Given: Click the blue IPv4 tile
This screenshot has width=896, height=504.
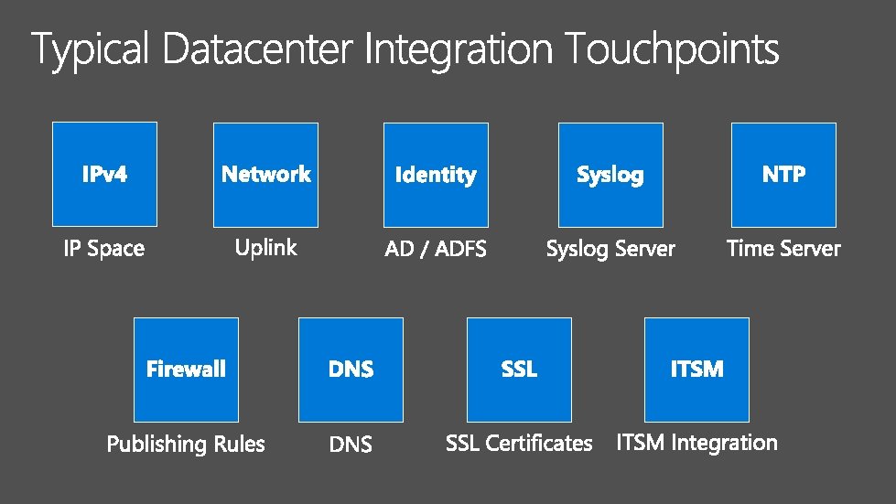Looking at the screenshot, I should pyautogui.click(x=104, y=174).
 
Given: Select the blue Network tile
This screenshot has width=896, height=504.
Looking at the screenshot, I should pyautogui.click(x=265, y=174).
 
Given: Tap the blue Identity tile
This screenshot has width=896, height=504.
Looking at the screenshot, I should pyautogui.click(x=436, y=175).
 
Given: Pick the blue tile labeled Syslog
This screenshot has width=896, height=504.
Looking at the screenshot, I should pyautogui.click(x=610, y=175).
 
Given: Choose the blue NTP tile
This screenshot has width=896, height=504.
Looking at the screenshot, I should pyautogui.click(x=784, y=175).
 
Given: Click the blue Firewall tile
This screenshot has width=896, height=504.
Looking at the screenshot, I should pyautogui.click(x=186, y=369).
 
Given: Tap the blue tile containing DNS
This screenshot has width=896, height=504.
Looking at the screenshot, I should pyautogui.click(x=351, y=369).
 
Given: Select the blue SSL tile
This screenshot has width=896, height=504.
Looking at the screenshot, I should pyautogui.click(x=519, y=369).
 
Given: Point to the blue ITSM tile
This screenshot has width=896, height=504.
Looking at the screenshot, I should pyautogui.click(x=696, y=369).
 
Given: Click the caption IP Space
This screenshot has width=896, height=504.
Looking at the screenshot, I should pyautogui.click(x=104, y=249).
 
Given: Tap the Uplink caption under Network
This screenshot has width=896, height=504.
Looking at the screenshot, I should pyautogui.click(x=265, y=247).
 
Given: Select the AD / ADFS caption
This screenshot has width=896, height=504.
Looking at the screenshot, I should pyautogui.click(x=436, y=249).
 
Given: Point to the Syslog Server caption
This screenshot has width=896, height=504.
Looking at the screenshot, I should pyautogui.click(x=610, y=249).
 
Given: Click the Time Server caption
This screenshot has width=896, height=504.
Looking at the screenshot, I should pyautogui.click(x=783, y=249).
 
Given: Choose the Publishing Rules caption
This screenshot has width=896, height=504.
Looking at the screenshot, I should pyautogui.click(x=186, y=445).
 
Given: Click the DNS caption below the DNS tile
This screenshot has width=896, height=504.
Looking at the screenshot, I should pyautogui.click(x=351, y=445).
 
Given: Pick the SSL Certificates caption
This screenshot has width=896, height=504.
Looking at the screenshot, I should pyautogui.click(x=519, y=444).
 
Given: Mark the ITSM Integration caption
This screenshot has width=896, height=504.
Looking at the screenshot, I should pyautogui.click(x=696, y=444).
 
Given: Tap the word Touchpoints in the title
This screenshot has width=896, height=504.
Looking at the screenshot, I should pyautogui.click(x=671, y=49).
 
